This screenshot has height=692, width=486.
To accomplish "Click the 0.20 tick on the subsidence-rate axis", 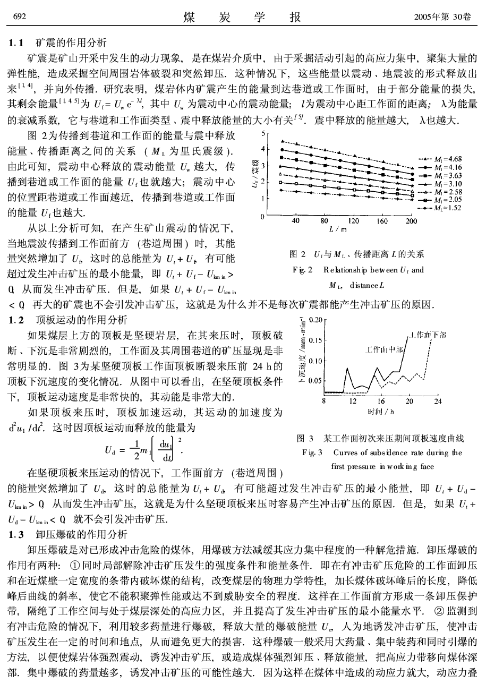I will (316, 320).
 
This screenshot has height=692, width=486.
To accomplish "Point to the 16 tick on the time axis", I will (381, 401).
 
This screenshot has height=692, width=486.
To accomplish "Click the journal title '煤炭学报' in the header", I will (242, 17).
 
